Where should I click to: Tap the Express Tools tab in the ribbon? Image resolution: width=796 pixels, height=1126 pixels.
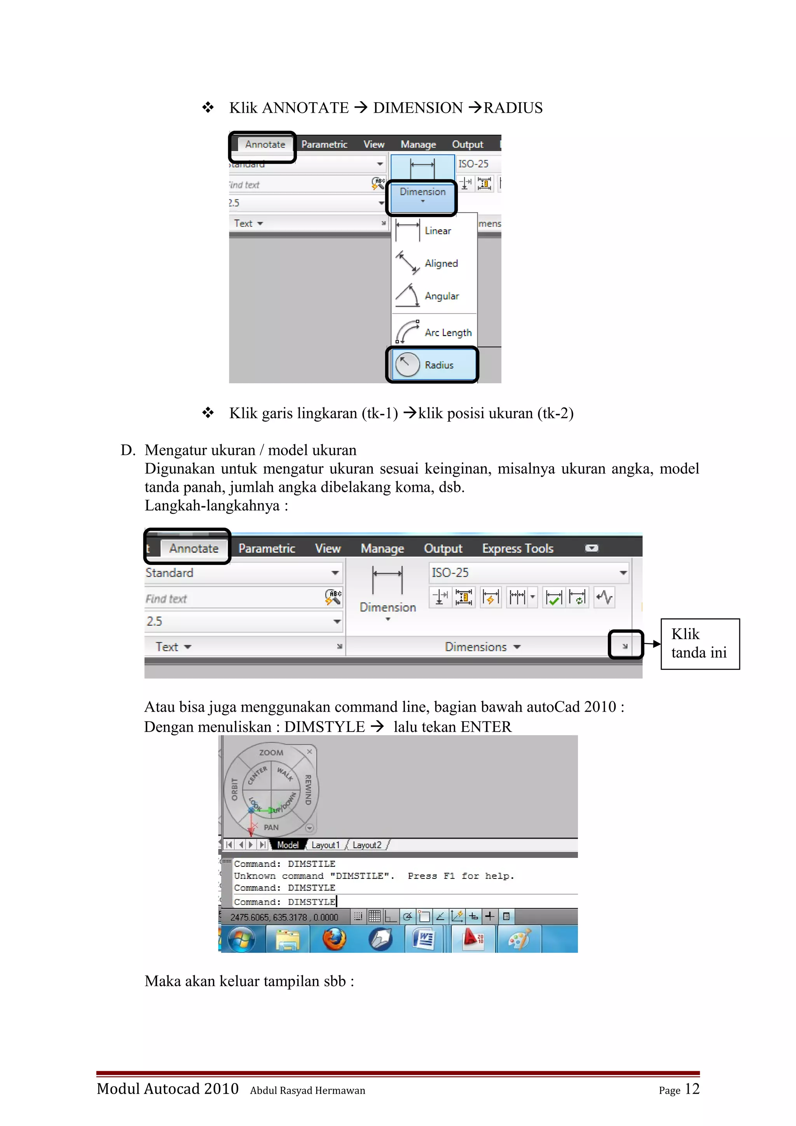[517, 548]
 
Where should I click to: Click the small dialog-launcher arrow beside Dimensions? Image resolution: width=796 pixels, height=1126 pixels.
[625, 646]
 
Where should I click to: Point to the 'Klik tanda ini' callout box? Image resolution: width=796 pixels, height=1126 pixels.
[699, 643]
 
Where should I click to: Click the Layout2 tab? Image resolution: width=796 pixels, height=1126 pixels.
[367, 845]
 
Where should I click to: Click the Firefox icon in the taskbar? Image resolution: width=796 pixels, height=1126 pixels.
[334, 939]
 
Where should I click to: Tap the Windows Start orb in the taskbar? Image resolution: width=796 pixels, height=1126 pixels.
[241, 939]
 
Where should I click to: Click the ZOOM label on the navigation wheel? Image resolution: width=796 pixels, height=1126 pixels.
[271, 752]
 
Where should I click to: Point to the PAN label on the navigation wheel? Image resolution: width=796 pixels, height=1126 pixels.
[271, 827]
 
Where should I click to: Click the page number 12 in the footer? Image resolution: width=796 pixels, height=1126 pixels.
[691, 1089]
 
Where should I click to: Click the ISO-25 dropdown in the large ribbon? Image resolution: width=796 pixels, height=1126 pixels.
[529, 572]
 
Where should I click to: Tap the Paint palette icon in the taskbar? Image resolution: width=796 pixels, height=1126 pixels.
[518, 939]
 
